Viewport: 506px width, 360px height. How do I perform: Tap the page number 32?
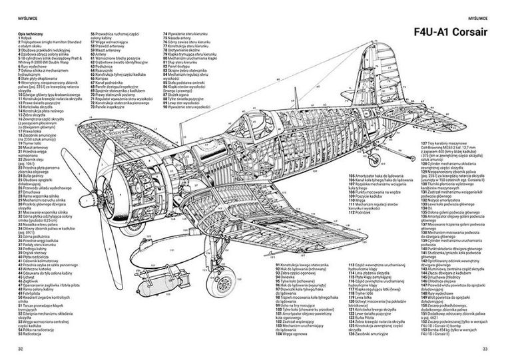pos(21,349)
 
